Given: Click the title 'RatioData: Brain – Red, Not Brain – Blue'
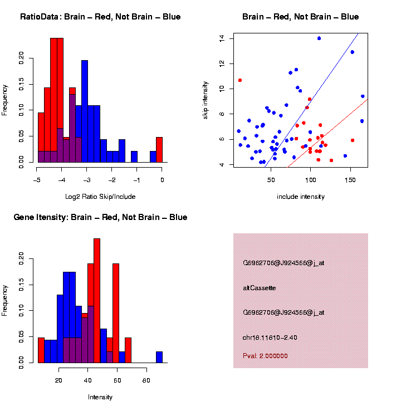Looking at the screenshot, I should coord(100,17).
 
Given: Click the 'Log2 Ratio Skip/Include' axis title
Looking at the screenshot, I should coord(100,197).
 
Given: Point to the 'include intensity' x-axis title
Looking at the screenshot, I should coord(301,197).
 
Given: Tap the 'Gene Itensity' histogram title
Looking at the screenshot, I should coord(100,217).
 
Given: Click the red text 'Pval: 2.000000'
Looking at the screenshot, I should coord(266,355).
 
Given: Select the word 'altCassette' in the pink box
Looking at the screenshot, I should coord(260,288).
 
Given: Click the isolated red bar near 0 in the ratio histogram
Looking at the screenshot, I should coord(159,150).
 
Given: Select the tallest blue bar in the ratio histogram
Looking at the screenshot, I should coord(85,111).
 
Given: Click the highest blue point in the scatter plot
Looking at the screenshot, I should coord(319,38).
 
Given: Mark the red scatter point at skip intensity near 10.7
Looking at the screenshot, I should coord(240,80).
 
